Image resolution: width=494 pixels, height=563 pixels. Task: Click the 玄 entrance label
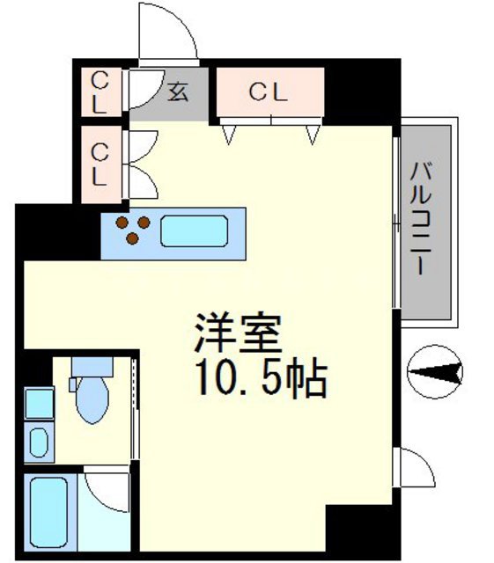coord(178,91)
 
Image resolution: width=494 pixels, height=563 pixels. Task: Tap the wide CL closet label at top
coord(269,92)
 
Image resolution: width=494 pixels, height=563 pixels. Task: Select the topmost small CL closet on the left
coord(100,92)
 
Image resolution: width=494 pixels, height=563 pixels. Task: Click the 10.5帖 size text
coord(257,380)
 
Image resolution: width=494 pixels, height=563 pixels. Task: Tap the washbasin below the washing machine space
coord(38,442)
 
